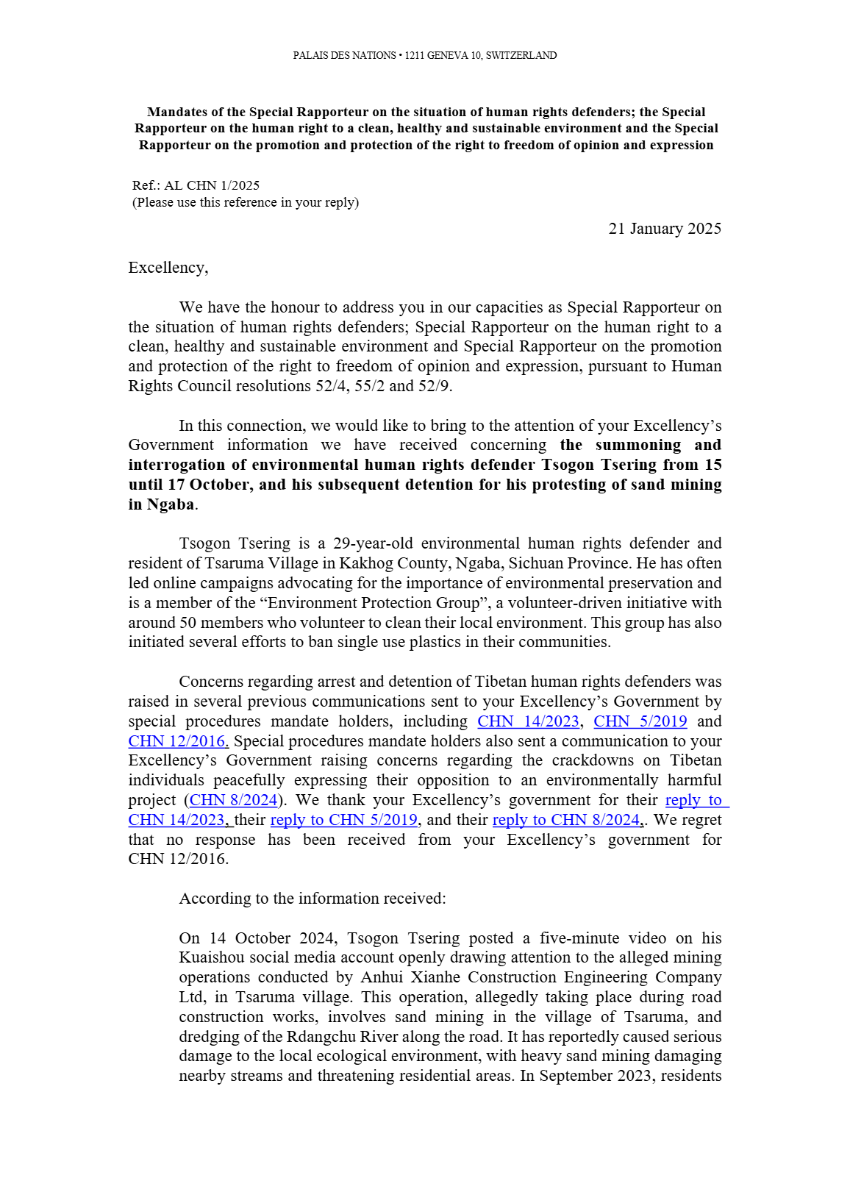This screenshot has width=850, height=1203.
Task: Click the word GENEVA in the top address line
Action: (x=447, y=56)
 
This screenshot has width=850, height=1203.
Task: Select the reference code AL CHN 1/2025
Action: (x=212, y=185)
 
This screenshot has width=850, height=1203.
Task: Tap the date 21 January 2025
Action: (x=665, y=229)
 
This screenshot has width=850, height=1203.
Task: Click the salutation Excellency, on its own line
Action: (x=168, y=268)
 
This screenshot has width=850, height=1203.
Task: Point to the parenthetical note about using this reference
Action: (x=246, y=202)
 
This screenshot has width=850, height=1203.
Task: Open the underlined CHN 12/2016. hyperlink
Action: (x=178, y=741)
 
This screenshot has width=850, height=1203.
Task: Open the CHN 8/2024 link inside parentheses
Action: (x=234, y=800)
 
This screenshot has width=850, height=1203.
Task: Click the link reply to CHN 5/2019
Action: (x=344, y=820)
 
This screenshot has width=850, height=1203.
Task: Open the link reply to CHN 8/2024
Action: (x=566, y=820)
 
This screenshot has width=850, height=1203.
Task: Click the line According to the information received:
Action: (x=312, y=899)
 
